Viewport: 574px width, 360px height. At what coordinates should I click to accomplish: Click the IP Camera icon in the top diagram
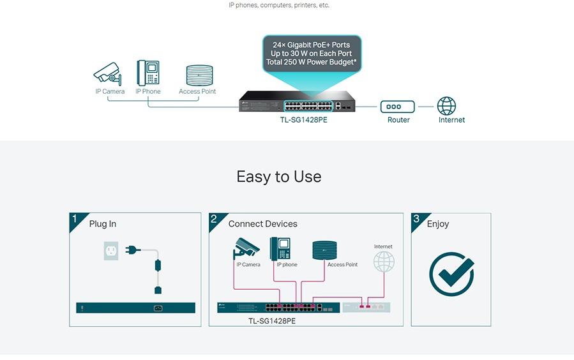tap(108, 73)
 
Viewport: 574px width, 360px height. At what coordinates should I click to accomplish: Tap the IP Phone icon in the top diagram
tap(147, 72)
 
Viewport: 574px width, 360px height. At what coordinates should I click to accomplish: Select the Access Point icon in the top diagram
tap(197, 75)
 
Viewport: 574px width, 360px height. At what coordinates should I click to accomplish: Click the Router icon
tap(398, 107)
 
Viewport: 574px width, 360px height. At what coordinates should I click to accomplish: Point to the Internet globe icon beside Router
tap(446, 106)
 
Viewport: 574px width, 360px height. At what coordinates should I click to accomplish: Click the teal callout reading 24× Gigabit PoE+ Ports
tap(311, 54)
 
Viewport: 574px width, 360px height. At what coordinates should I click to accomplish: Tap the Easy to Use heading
tap(279, 177)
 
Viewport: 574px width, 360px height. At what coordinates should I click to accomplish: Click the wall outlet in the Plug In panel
tap(111, 251)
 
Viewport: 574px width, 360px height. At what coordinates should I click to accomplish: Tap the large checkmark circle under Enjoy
tap(451, 274)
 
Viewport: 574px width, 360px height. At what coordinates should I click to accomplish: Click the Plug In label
tap(103, 224)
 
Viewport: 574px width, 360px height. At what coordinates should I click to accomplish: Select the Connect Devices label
tap(262, 224)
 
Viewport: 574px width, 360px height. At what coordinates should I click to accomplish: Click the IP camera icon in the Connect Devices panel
tap(246, 248)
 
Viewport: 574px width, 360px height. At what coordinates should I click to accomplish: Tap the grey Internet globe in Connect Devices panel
tap(384, 261)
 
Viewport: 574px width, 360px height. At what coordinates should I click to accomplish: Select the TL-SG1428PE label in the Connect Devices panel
tap(271, 320)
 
